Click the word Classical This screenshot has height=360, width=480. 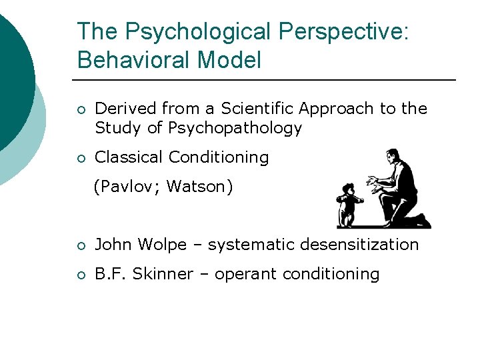point(129,157)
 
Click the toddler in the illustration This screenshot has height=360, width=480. point(349,204)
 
